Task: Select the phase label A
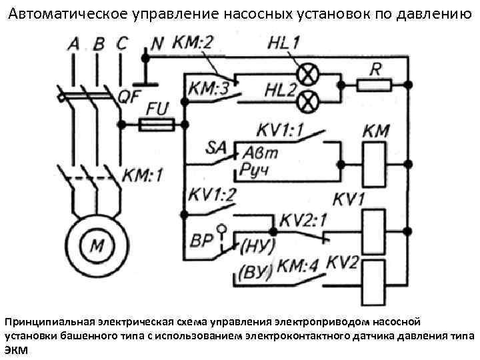[x=73, y=44]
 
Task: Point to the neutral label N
[x=157, y=43]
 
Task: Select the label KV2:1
[x=304, y=221]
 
